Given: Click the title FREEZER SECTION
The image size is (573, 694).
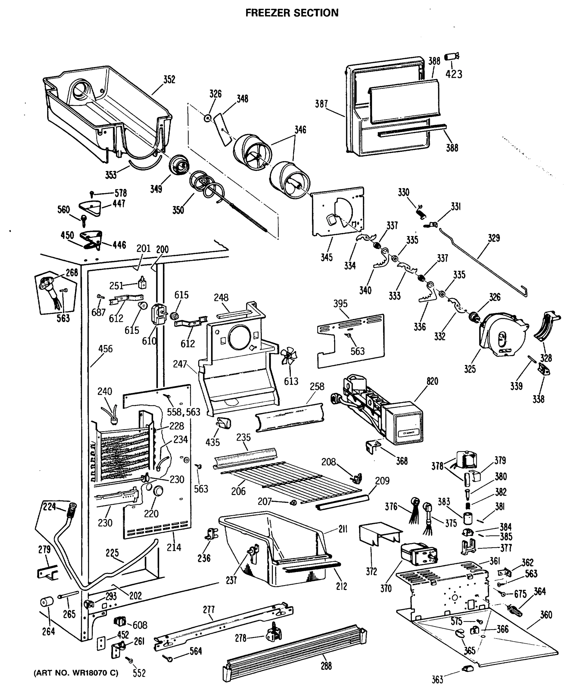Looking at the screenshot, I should click(x=292, y=13).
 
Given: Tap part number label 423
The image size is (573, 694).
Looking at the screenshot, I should click(x=454, y=74).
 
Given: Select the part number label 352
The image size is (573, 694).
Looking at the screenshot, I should click(x=169, y=80).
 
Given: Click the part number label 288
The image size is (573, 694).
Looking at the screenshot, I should click(x=326, y=666).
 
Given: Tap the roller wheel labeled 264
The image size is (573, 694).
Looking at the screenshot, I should click(x=47, y=601).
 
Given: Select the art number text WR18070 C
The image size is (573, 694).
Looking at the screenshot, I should click(x=76, y=673).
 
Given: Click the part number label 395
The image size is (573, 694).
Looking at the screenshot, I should click(x=340, y=304).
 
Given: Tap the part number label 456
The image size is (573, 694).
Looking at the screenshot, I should click(x=105, y=349).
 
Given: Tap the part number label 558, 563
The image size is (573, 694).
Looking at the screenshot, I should click(x=183, y=412).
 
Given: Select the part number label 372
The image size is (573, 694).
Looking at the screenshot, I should click(x=371, y=572).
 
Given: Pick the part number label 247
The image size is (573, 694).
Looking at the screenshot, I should click(x=180, y=364).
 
